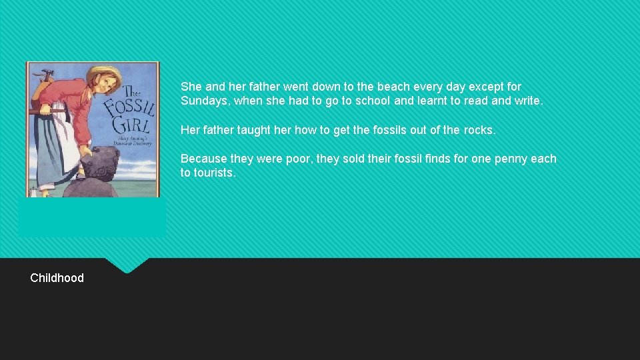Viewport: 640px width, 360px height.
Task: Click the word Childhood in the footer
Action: (x=57, y=278)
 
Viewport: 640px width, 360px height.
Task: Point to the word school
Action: (x=369, y=101)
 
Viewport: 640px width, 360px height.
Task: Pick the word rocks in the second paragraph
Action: (x=479, y=130)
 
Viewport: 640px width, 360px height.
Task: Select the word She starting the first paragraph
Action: (x=191, y=87)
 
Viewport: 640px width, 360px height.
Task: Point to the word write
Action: (x=529, y=101)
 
